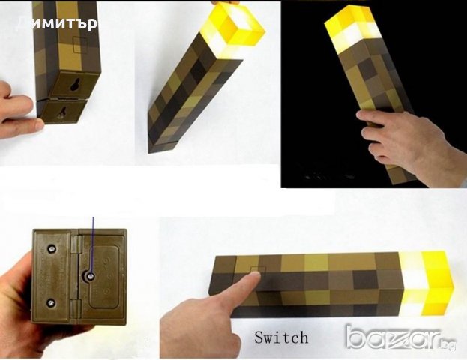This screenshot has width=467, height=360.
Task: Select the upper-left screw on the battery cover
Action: tap(52, 243)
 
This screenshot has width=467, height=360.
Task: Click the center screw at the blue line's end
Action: tap(90, 276)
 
